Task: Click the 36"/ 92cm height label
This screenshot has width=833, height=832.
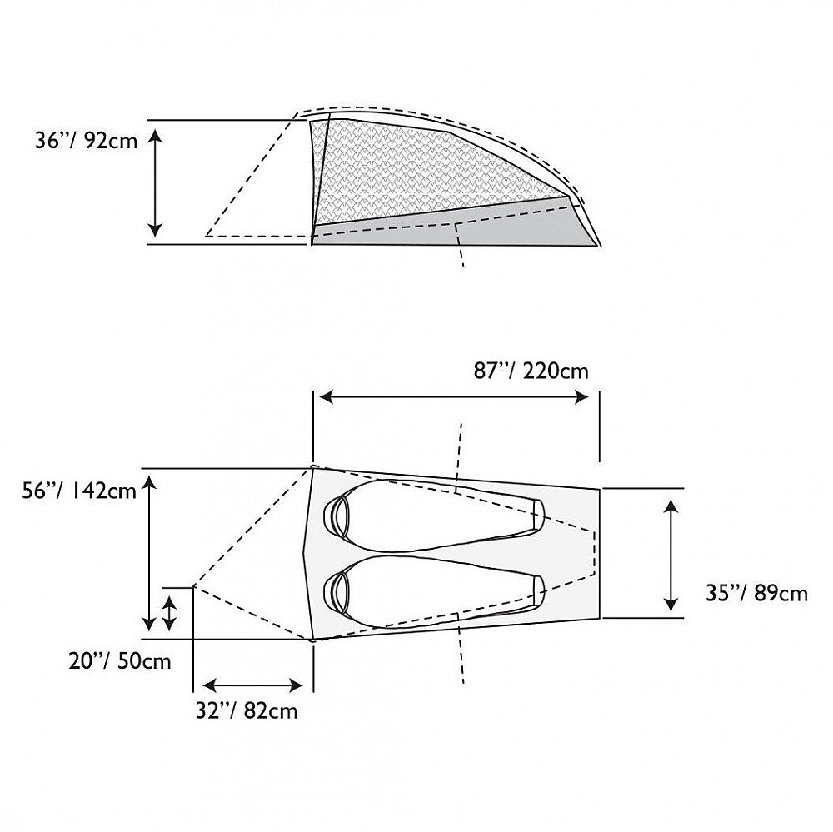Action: click(86, 141)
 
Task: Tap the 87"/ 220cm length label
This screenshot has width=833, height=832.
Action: click(531, 371)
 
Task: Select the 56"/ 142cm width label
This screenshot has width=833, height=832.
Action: click(79, 491)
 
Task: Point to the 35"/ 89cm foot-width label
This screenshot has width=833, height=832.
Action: click(756, 593)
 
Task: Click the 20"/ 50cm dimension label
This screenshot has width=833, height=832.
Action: click(120, 661)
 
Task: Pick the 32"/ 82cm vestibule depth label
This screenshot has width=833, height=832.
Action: click(247, 711)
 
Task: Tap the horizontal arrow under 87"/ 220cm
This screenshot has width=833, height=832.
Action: click(454, 397)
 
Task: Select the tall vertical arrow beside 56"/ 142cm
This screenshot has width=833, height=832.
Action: click(149, 553)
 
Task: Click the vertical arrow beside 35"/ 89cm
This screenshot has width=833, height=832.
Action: click(671, 555)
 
